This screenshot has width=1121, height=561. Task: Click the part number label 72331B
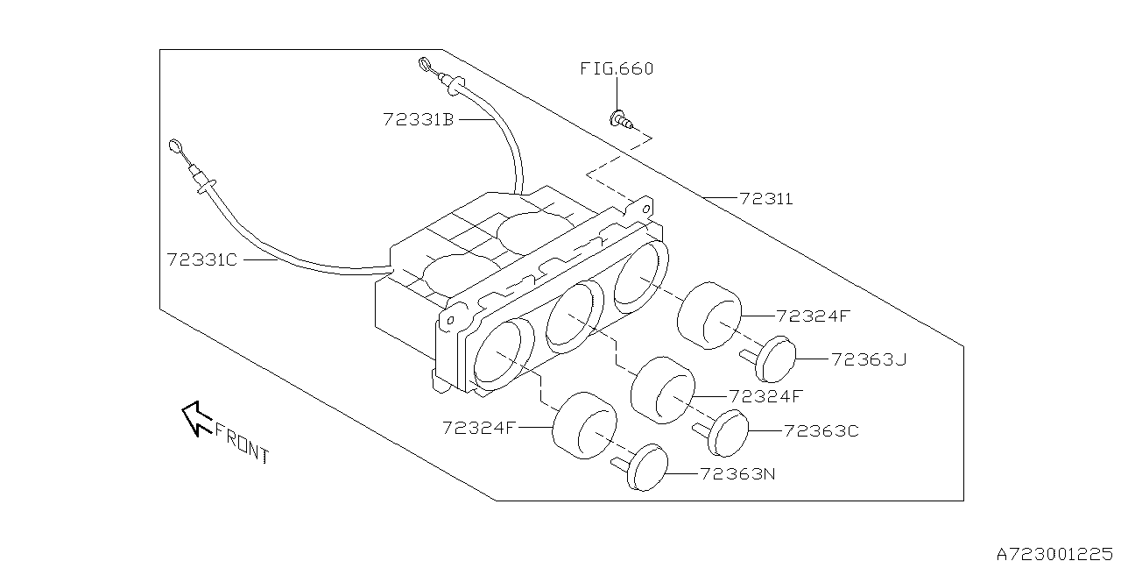418,119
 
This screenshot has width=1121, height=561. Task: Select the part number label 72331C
201,260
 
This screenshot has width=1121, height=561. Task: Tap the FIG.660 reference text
617,68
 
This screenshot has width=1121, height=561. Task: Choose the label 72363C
821,430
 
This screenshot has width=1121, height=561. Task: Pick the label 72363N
737,474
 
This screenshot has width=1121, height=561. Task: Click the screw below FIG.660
621,118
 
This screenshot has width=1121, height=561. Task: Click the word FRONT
242,444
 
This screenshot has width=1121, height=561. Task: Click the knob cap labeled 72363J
775,358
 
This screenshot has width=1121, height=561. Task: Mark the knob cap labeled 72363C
729,433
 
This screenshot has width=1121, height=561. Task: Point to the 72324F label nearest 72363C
765,396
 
